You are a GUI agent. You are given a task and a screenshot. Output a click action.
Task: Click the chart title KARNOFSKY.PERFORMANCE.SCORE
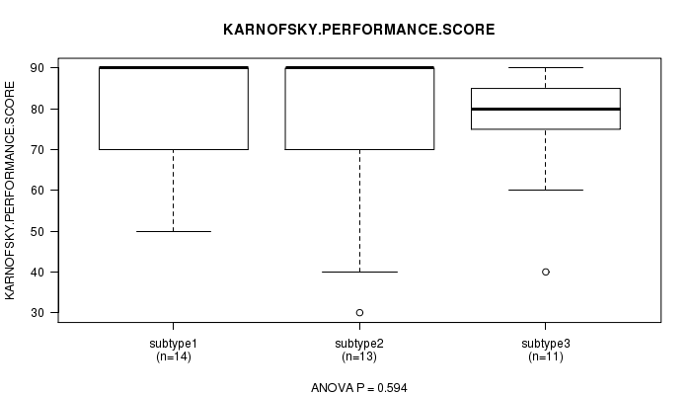(358, 30)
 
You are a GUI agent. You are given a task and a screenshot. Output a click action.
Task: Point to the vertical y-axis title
(10, 191)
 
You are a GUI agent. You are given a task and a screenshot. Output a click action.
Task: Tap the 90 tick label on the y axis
(38, 68)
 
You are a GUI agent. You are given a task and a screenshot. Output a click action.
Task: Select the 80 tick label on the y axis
(38, 109)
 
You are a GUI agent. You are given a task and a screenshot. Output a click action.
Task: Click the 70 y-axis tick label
(38, 150)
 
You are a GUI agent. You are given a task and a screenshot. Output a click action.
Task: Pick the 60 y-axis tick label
(38, 191)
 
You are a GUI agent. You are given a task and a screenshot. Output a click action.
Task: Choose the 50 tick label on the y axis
(38, 231)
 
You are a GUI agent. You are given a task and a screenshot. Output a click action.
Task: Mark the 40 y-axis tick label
(38, 272)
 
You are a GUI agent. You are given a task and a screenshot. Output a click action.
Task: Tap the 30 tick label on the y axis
(38, 313)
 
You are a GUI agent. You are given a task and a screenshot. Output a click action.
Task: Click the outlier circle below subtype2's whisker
(359, 313)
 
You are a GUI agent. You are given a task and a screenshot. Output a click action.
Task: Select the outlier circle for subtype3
(546, 272)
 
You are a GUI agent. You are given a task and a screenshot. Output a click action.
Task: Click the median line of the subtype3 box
(546, 109)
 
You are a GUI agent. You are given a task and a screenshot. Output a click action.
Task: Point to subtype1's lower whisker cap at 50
(174, 231)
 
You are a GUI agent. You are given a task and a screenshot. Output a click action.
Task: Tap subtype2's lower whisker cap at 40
(359, 272)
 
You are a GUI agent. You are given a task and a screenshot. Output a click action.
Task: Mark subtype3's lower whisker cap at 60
(546, 190)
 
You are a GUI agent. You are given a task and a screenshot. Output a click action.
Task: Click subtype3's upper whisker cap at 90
(546, 67)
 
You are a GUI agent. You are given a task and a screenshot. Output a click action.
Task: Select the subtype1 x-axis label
(173, 344)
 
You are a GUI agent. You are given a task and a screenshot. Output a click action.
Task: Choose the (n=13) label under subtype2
(359, 356)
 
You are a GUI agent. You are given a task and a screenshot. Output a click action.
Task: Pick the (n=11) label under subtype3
(546, 356)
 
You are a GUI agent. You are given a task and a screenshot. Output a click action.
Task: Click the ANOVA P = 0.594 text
(359, 388)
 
